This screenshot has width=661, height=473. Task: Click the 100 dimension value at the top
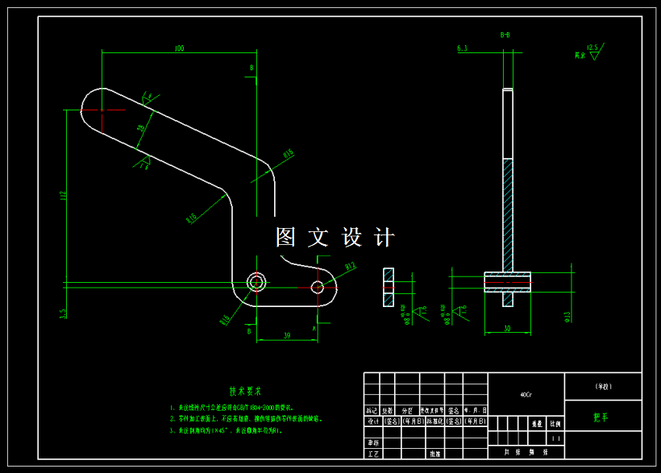click(x=178, y=49)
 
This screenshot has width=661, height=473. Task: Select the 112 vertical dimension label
click(x=62, y=197)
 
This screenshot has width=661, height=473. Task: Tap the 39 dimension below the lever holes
click(x=287, y=334)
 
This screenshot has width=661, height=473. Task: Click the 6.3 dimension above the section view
click(x=462, y=49)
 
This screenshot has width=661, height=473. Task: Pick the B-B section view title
click(x=505, y=35)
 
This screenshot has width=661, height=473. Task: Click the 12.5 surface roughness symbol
click(x=592, y=48)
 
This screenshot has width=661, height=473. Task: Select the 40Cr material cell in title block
click(x=526, y=395)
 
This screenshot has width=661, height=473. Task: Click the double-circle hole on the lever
click(x=257, y=283)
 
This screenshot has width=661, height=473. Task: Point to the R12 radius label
click(x=350, y=265)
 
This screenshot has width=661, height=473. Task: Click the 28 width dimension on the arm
click(x=141, y=128)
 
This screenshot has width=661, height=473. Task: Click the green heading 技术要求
click(x=246, y=392)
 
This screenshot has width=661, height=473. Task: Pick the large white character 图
click(x=286, y=238)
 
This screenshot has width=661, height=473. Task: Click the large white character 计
click(x=385, y=238)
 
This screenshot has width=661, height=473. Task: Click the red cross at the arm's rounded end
click(x=102, y=110)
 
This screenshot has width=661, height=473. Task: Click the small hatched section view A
click(x=389, y=287)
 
